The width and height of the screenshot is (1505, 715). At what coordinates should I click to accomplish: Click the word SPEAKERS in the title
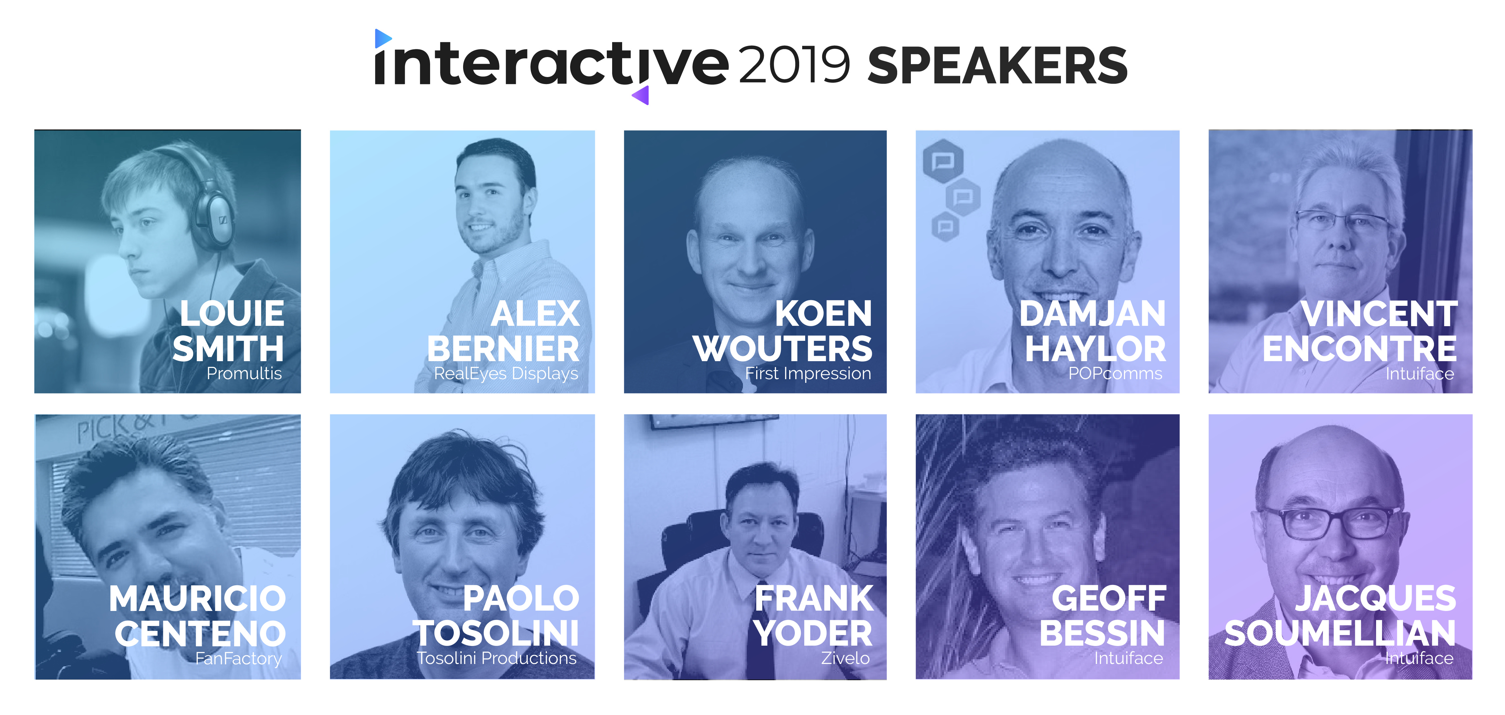[997, 65]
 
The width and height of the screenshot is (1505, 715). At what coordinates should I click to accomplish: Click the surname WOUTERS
[783, 349]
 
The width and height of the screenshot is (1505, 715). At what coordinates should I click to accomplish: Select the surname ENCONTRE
[1360, 349]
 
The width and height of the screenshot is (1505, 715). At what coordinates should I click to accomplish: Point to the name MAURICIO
[197, 599]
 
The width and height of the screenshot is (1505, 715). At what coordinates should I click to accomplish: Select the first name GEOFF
[1109, 599]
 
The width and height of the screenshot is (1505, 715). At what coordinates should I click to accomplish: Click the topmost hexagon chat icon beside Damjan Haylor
[943, 161]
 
